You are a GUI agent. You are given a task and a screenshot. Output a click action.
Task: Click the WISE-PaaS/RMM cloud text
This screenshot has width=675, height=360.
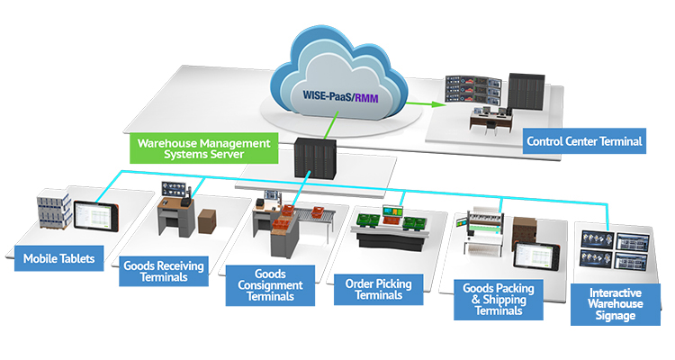click(340, 96)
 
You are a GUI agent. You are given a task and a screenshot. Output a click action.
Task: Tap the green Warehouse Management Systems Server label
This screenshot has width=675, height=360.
click(204, 148)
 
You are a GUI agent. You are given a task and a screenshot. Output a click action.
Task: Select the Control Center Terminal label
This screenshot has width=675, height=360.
click(584, 141)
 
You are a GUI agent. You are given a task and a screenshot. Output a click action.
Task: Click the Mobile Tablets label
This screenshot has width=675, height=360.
click(59, 258)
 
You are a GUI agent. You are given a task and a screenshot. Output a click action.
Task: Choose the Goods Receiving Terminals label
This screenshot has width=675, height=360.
click(164, 271)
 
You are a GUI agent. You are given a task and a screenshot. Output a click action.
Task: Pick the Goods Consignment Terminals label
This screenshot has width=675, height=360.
click(270, 285)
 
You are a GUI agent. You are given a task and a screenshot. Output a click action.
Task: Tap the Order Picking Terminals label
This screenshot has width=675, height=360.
click(378, 290)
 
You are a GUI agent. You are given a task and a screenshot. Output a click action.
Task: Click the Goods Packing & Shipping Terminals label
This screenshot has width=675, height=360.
click(499, 300)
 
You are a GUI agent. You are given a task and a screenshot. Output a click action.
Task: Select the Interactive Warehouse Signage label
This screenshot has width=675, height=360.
click(616, 304)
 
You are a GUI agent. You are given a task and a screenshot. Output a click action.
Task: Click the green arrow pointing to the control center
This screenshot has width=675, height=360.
click(424, 103)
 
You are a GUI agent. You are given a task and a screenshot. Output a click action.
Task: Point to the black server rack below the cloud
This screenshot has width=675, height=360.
click(315, 158)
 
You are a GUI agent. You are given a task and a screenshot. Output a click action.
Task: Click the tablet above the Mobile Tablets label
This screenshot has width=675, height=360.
click(96, 215)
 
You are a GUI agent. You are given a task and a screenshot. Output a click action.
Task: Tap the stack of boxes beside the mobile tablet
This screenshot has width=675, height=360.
click(54, 209)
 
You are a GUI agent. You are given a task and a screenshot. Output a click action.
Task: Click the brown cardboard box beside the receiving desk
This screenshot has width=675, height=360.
click(207, 220)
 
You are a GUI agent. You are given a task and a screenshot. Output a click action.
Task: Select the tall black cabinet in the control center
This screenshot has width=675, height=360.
click(526, 92)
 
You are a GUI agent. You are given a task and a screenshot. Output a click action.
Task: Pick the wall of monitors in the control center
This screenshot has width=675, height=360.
click(473, 90)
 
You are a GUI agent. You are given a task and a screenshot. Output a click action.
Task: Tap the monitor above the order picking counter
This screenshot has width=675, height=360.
click(393, 211)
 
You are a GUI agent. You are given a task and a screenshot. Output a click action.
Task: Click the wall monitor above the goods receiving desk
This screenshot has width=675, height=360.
click(174, 189)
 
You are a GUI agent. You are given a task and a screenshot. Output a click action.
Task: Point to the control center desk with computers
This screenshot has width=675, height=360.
click(490, 120)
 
